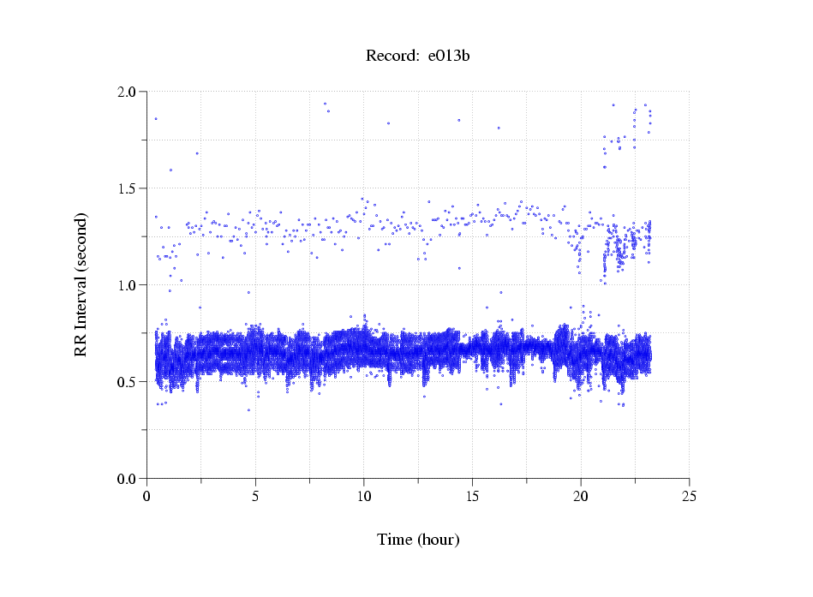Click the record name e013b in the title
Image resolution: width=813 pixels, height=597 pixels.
coord(449,57)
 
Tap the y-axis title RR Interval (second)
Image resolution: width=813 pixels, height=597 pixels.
coord(81,284)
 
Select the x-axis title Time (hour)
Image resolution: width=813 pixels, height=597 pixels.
coord(418,540)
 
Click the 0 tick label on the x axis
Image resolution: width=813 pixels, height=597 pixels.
coord(147,496)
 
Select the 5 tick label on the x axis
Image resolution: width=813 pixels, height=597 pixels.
coord(255,496)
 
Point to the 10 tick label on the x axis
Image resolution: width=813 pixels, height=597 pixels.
coord(364,496)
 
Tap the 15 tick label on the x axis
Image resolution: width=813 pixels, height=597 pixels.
coord(472,496)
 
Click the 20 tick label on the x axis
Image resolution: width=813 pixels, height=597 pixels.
coord(581,496)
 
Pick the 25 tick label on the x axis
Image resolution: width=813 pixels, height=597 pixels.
coord(689,496)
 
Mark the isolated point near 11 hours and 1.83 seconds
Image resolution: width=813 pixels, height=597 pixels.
coord(388,123)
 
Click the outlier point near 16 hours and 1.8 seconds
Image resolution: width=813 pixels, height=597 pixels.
coord(499,128)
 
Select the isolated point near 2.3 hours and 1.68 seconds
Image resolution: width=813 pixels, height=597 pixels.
coord(197,153)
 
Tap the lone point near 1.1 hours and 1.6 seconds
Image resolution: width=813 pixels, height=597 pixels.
coord(170,170)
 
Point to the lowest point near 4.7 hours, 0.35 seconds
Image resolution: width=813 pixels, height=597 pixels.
coord(249,410)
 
